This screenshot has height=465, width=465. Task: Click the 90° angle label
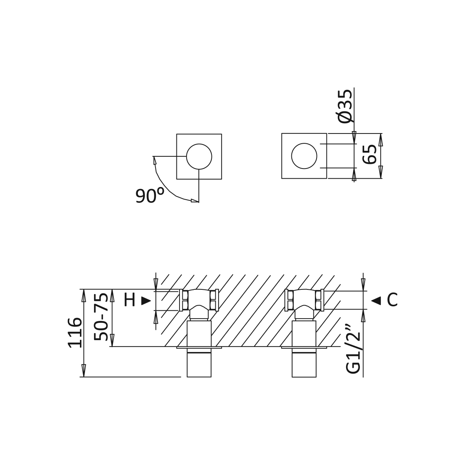(150, 195)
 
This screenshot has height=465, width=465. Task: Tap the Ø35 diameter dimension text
(345, 106)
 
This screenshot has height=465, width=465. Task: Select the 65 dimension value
(370, 154)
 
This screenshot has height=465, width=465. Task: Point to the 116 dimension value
(74, 332)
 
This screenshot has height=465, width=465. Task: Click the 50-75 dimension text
(101, 317)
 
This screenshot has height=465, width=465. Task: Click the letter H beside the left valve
(130, 300)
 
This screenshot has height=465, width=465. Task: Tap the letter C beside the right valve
(392, 300)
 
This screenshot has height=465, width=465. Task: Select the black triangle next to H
(146, 301)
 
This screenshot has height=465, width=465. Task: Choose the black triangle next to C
(376, 301)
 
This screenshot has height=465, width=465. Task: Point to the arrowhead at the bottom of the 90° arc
(195, 201)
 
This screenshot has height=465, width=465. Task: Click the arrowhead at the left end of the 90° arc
(154, 160)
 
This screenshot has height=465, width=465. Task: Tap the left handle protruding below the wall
(199, 362)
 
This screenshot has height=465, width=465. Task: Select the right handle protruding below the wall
(304, 362)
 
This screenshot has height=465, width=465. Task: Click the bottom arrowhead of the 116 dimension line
(84, 371)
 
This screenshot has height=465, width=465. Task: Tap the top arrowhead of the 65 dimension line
(381, 140)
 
